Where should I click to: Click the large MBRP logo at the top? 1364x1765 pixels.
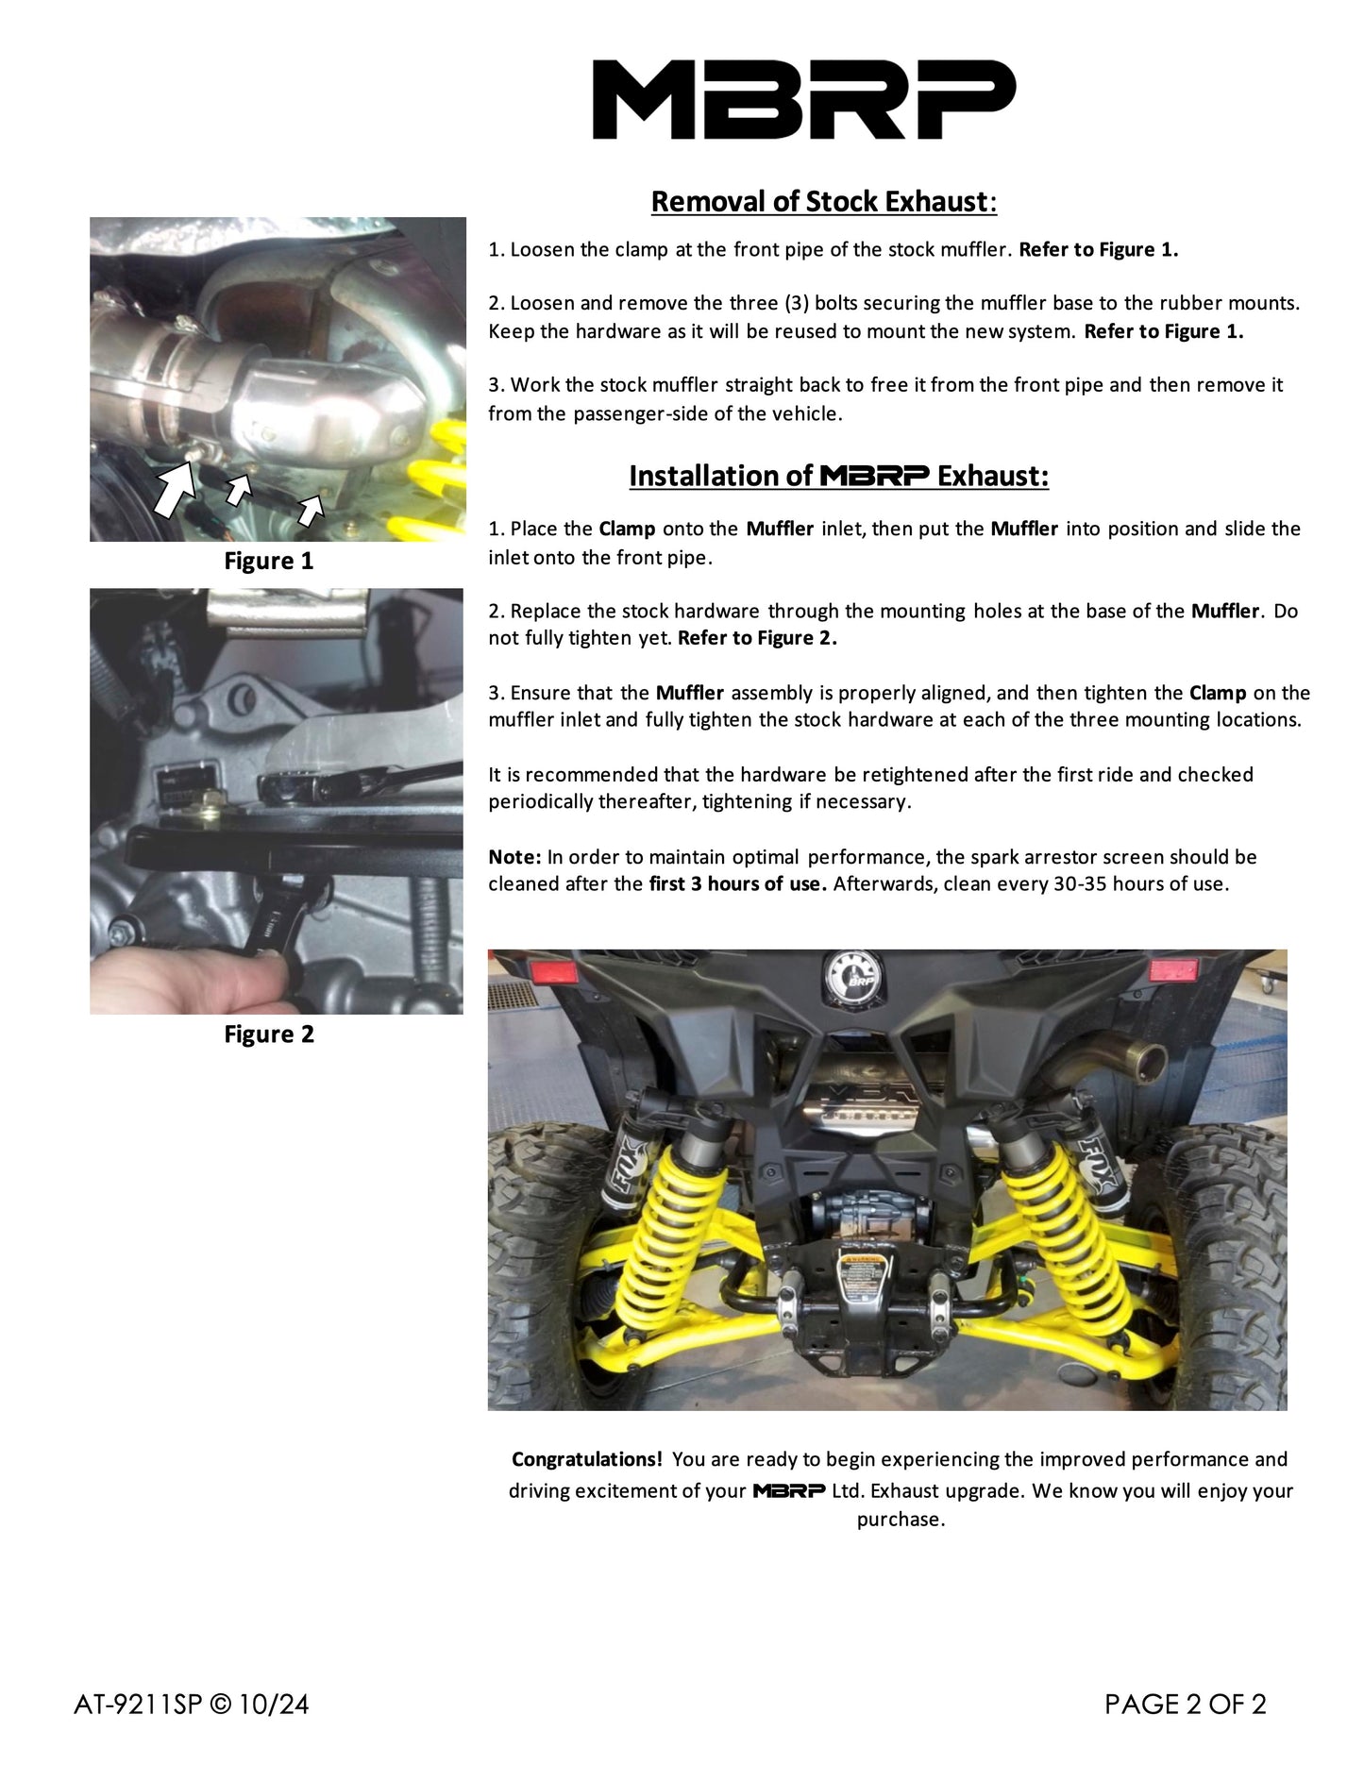[803, 99]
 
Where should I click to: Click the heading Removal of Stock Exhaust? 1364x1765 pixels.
[823, 201]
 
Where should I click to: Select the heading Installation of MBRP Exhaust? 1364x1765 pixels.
[838, 476]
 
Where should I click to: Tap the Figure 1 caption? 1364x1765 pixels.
[268, 561]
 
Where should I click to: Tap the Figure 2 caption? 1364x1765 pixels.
[268, 1034]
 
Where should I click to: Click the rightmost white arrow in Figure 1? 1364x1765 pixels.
[310, 511]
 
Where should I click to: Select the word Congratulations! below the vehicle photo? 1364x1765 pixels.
[586, 1459]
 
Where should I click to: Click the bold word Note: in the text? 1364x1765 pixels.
[514, 857]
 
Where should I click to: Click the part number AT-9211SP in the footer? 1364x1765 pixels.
[137, 1704]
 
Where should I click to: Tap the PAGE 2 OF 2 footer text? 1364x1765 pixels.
[1185, 1704]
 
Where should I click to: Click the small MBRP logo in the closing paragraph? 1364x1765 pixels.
[788, 1491]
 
